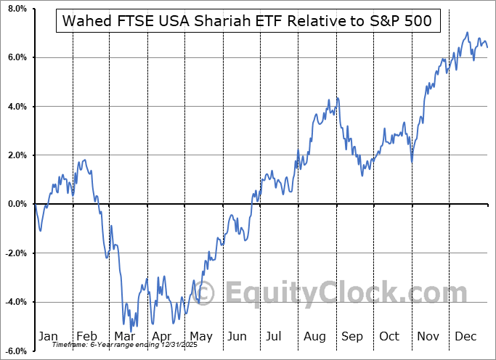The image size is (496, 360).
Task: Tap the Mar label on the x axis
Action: (123, 336)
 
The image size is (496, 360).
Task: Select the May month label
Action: (200, 336)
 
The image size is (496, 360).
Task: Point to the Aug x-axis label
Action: (316, 336)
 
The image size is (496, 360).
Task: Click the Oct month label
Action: (390, 336)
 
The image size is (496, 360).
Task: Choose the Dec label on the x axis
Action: (466, 336)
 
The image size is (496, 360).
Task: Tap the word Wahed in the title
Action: (85, 20)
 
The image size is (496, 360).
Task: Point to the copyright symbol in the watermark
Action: (206, 293)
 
